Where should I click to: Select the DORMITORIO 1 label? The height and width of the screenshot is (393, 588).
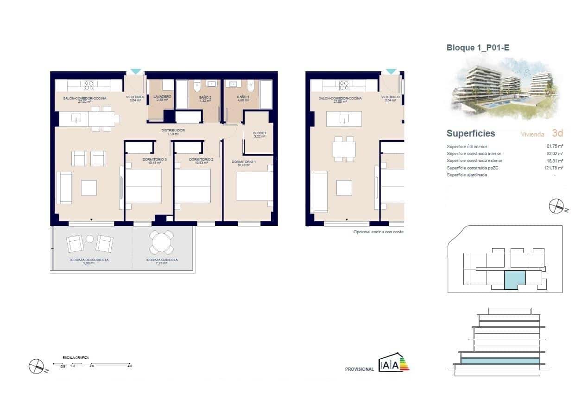pyautogui.click(x=244, y=162)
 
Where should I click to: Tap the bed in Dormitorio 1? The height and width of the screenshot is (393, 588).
pyautogui.click(x=254, y=187)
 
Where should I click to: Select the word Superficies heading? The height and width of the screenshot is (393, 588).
pyautogui.click(x=471, y=133)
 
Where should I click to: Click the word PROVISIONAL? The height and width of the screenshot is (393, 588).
pyautogui.click(x=359, y=369)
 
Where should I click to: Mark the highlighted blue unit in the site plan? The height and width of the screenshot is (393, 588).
pyautogui.click(x=514, y=281)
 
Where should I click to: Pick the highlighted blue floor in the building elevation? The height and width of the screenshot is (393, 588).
pyautogui.click(x=500, y=361)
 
